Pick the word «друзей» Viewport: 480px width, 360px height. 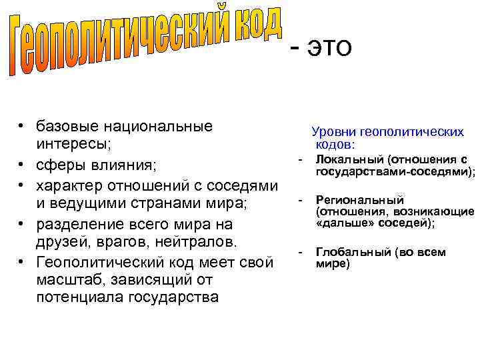59,239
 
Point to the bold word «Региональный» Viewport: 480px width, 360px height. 360,199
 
